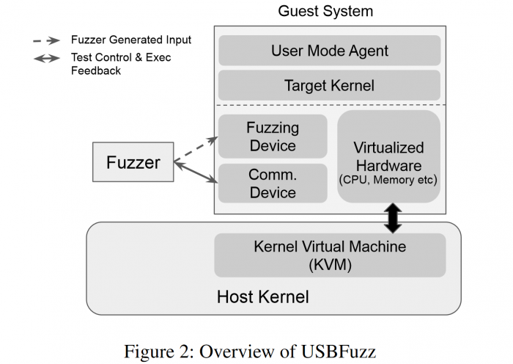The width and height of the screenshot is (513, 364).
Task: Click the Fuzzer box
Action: click(133, 162)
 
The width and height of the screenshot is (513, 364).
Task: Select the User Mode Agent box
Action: click(329, 51)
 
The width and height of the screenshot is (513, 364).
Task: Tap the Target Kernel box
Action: click(329, 86)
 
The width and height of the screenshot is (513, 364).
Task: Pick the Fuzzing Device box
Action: click(273, 136)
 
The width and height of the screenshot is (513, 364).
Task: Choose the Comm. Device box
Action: click(273, 183)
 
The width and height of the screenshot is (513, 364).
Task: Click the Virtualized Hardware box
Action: click(388, 156)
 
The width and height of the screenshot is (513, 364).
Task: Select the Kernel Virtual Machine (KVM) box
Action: click(329, 255)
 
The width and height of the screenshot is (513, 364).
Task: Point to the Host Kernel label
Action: click(262, 296)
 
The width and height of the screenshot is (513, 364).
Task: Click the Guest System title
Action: click(325, 12)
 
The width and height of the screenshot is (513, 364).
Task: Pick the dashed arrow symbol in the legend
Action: click(48, 40)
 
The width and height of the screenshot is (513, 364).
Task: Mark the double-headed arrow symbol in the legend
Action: click(48, 57)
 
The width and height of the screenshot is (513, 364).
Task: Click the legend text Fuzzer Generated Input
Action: click(130, 40)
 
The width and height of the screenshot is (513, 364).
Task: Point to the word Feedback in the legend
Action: click(96, 70)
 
